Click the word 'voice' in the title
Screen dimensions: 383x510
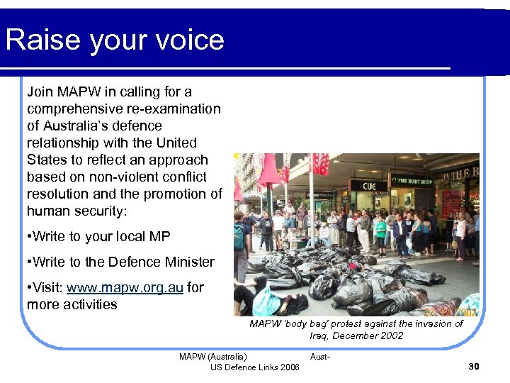point(185,40)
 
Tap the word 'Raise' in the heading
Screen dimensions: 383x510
point(42,40)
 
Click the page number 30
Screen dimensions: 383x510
point(474,366)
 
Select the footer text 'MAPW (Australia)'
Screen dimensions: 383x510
point(213,356)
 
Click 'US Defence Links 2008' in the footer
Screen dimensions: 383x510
point(254,367)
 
